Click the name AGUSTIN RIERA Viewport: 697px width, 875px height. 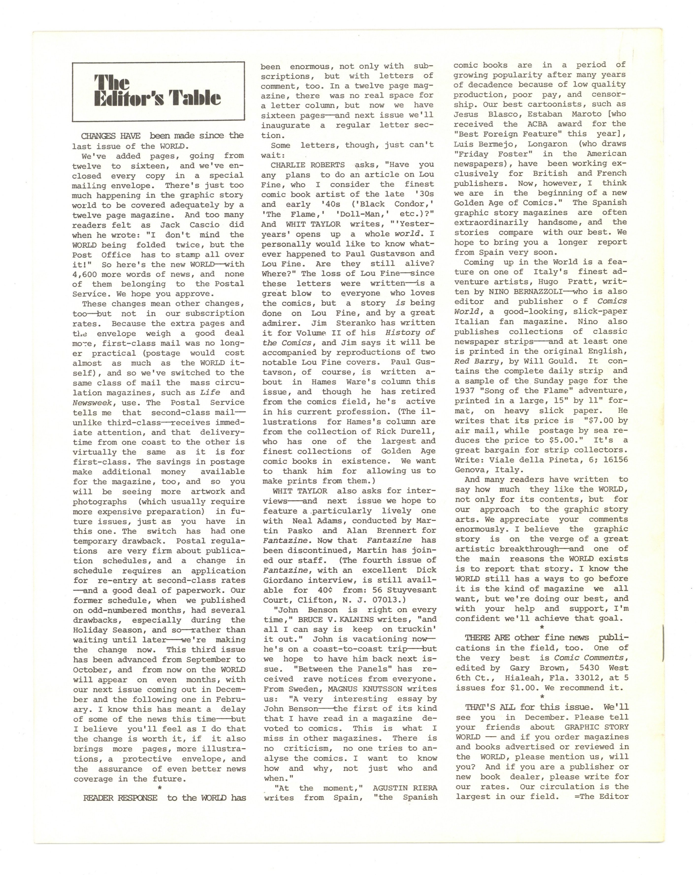pyautogui.click(x=405, y=788)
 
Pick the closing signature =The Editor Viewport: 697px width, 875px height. pyautogui.click(x=602, y=796)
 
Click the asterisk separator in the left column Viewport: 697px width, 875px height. pyautogui.click(x=160, y=788)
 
